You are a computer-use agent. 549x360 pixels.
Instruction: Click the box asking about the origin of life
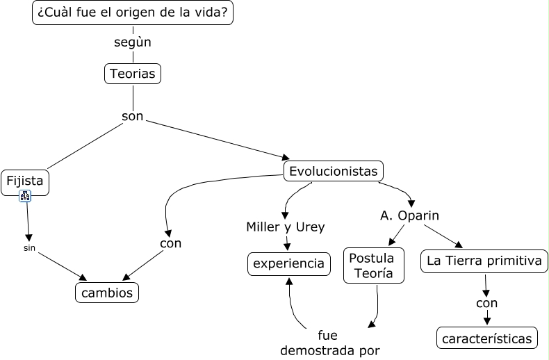[133, 13]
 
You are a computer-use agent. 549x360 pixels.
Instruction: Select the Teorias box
[132, 74]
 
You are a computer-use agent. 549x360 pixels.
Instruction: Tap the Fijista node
[25, 181]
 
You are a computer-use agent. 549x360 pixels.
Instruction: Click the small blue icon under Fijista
[25, 197]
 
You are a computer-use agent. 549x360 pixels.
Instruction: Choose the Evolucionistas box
[334, 171]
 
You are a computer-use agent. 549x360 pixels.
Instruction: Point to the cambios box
[107, 293]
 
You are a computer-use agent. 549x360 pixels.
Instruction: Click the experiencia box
[288, 263]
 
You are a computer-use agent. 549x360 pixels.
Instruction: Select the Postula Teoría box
[374, 265]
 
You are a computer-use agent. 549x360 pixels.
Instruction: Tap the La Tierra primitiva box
[484, 261]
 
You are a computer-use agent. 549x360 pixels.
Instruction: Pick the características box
[486, 338]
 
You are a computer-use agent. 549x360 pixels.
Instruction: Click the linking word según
[133, 42]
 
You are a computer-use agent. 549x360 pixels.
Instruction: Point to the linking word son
[132, 116]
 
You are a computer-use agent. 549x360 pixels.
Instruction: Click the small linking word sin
[29, 247]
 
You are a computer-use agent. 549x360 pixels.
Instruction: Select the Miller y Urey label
[286, 227]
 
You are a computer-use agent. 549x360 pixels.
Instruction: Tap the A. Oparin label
[409, 215]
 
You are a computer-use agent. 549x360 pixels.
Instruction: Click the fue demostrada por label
[330, 343]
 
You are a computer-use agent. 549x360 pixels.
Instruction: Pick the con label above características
[486, 303]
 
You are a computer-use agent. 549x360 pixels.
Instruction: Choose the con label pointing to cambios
[170, 243]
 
